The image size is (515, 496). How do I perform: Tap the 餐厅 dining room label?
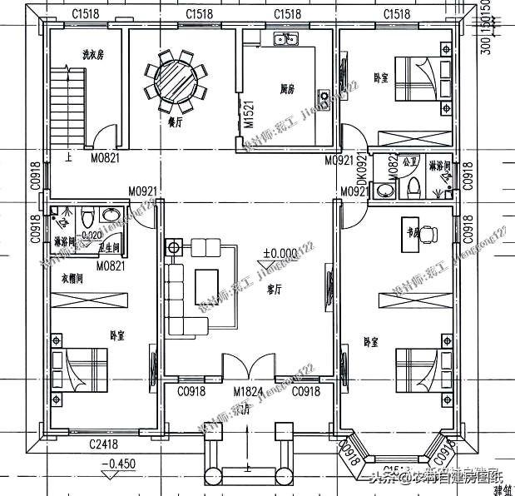pyautogui.click(x=176, y=122)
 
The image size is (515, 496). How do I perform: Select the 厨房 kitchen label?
pyautogui.click(x=290, y=87)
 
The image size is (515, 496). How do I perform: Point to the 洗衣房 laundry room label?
pyautogui.click(x=92, y=55)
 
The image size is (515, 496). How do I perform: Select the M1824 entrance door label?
pyautogui.click(x=247, y=391)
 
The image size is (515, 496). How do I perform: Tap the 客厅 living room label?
pyautogui.click(x=274, y=290)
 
